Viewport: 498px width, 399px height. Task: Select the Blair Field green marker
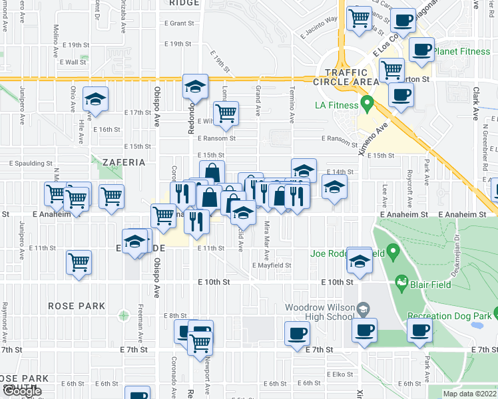point(401,283)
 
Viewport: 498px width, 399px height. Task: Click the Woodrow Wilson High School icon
point(363,309)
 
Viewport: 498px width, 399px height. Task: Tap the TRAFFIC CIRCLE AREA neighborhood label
point(347,77)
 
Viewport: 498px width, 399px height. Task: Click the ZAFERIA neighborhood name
point(123,162)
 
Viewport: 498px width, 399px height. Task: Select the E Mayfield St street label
point(272,265)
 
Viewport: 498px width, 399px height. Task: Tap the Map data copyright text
point(469,394)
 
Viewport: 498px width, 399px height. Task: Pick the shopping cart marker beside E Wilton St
point(226,113)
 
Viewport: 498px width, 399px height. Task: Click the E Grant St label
point(178,23)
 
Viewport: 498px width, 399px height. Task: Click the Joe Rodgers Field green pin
point(393,251)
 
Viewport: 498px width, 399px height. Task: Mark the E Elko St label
point(338,375)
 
